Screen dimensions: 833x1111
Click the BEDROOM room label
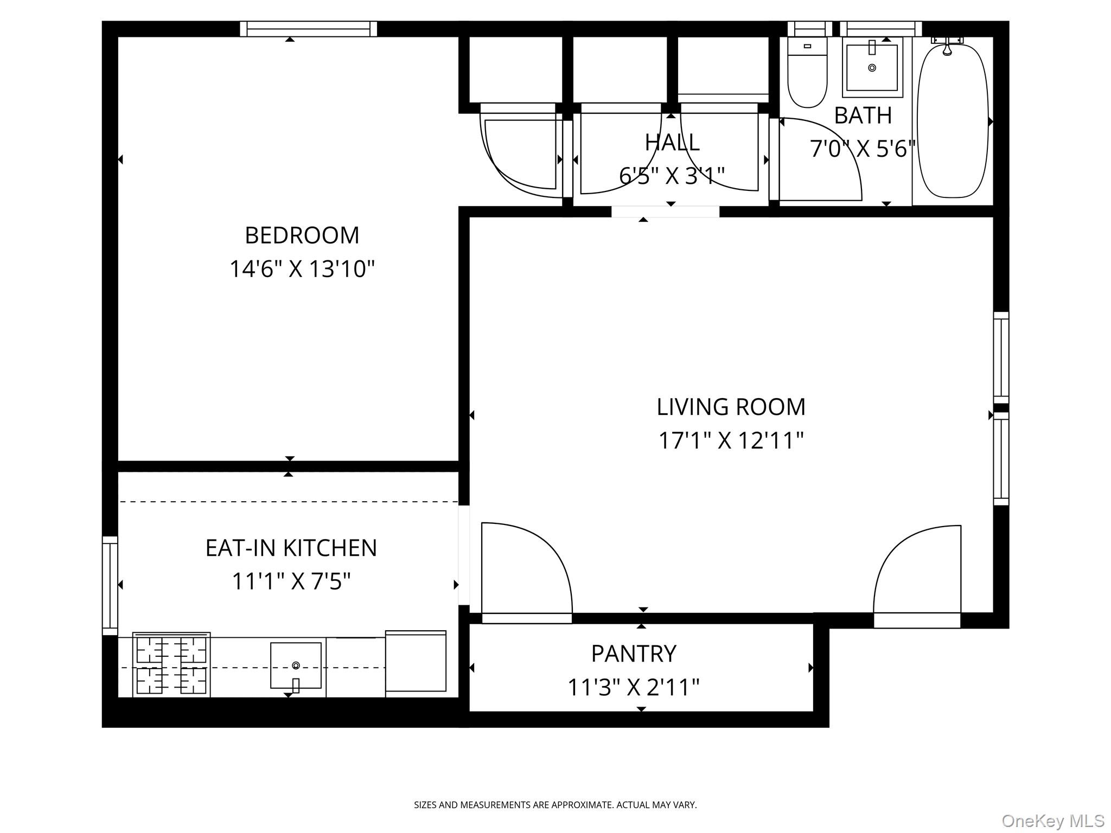pyautogui.click(x=302, y=235)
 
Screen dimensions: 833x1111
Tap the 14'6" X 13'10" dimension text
pyautogui.click(x=302, y=269)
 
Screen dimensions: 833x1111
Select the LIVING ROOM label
pyautogui.click(x=731, y=407)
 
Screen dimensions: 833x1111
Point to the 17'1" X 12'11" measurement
pyautogui.click(x=731, y=441)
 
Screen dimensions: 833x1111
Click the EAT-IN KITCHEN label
pyautogui.click(x=291, y=548)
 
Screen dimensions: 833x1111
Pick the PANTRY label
pyautogui.click(x=634, y=654)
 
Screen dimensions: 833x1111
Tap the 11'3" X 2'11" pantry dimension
pyautogui.click(x=634, y=688)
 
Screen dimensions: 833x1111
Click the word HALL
pyautogui.click(x=672, y=143)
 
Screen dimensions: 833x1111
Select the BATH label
pyautogui.click(x=863, y=116)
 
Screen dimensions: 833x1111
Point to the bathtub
pyautogui.click(x=953, y=120)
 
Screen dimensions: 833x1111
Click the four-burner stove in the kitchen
pyautogui.click(x=171, y=665)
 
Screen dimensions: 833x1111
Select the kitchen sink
pyautogui.click(x=296, y=666)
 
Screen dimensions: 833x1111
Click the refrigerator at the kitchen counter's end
pyautogui.click(x=416, y=661)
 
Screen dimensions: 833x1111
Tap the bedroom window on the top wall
pyautogui.click(x=308, y=29)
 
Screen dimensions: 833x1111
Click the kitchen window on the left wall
pyautogui.click(x=110, y=586)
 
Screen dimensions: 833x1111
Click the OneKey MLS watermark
pyautogui.click(x=1053, y=821)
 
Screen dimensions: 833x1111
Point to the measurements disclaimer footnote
pyautogui.click(x=555, y=805)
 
